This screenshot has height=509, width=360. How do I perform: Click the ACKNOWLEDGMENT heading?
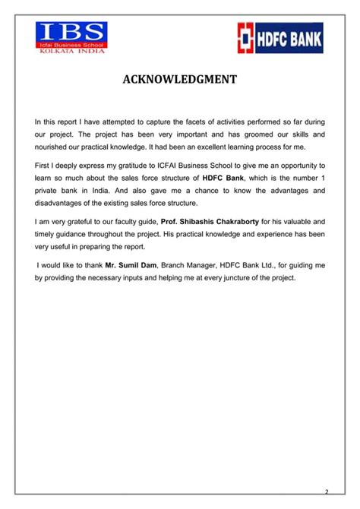(180, 81)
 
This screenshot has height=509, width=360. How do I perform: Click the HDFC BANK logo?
(279, 38)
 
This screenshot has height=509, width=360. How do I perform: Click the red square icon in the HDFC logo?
(247, 38)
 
